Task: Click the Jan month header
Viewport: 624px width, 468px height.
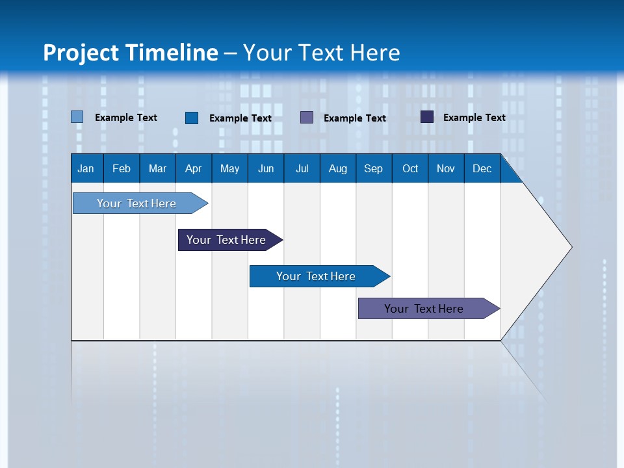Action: click(x=86, y=168)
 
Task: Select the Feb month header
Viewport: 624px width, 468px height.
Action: click(x=122, y=168)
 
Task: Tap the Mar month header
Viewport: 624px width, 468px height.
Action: click(x=157, y=168)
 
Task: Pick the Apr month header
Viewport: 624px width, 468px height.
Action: click(x=193, y=168)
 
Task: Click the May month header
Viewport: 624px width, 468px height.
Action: click(x=229, y=168)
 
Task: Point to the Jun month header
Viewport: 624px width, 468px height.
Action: click(x=266, y=168)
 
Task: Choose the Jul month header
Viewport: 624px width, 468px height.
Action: click(x=302, y=168)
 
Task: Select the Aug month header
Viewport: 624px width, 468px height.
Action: click(x=337, y=168)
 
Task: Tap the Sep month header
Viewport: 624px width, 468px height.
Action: click(x=374, y=168)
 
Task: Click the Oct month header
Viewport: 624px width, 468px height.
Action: click(x=410, y=168)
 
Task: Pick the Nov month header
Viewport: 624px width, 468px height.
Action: click(x=446, y=168)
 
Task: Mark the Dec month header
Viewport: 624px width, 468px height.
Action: click(x=482, y=168)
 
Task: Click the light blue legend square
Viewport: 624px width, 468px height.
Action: click(x=77, y=117)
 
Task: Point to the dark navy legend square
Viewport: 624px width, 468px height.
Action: click(x=426, y=117)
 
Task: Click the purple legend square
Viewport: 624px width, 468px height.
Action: click(x=307, y=117)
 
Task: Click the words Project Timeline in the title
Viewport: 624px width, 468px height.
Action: click(x=131, y=53)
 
